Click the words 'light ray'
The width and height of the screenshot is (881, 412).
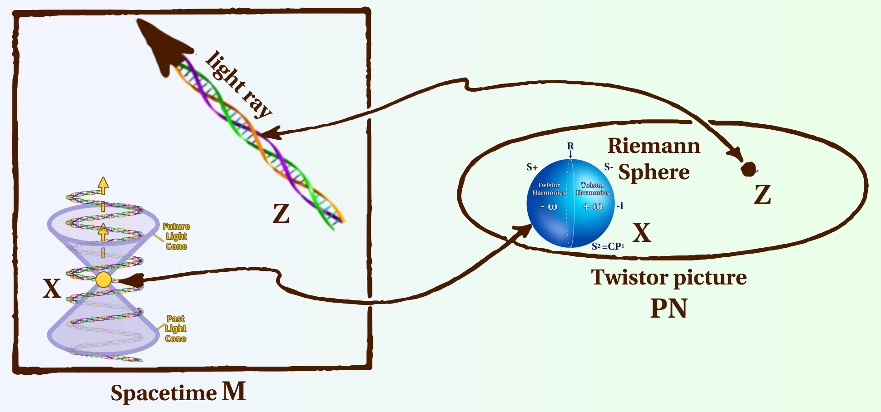tap(238, 84)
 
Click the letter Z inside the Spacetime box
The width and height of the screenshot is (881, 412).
tap(281, 214)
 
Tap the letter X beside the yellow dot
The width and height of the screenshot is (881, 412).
tap(52, 288)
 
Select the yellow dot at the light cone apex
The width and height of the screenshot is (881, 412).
tap(104, 280)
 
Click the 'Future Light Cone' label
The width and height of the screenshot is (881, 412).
tap(176, 236)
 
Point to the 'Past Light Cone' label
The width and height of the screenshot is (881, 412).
tap(176, 329)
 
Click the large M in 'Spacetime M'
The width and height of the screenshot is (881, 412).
tap(234, 391)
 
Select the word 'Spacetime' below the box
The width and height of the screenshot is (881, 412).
tap(163, 393)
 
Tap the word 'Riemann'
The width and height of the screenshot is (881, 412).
tap(654, 146)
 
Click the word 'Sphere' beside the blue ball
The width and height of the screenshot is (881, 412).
tap(654, 172)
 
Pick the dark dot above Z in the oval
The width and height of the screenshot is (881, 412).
tap(748, 169)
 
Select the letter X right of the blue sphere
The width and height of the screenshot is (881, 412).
tap(642, 233)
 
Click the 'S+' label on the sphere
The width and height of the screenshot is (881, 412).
tap(532, 167)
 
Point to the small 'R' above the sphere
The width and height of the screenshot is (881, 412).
tap(570, 146)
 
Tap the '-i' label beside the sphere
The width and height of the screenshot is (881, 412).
tap(620, 206)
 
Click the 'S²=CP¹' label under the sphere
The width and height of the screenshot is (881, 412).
tap(608, 246)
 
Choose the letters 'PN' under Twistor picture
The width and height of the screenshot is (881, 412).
tap(668, 309)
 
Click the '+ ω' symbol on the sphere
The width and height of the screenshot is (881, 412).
tap(593, 207)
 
